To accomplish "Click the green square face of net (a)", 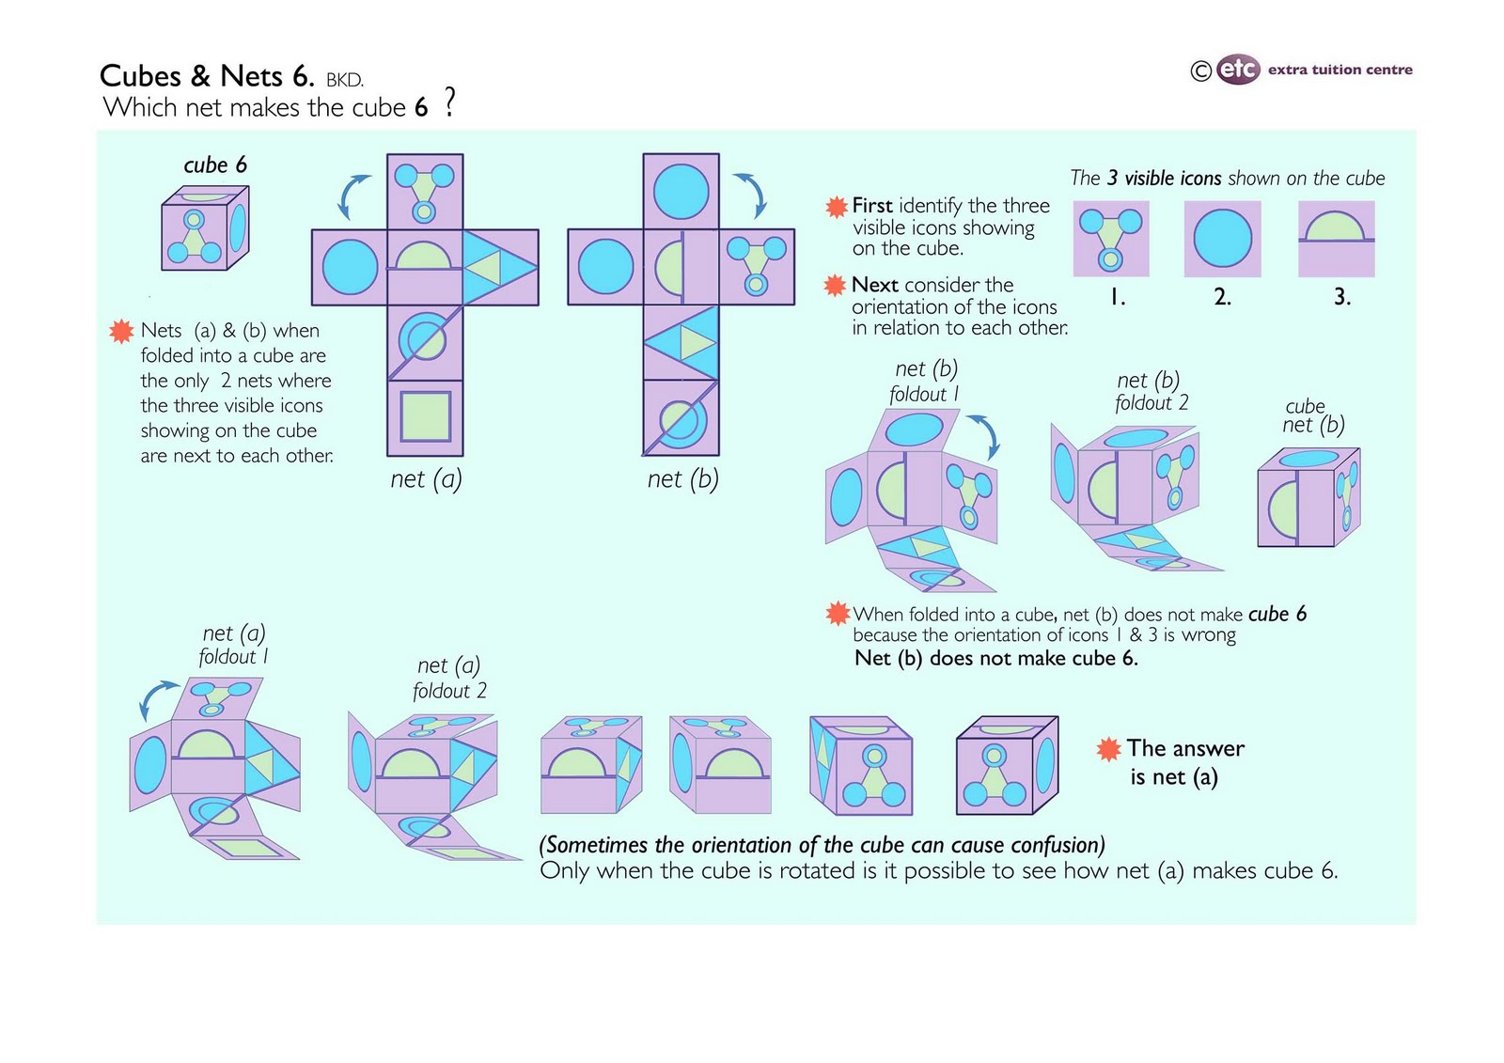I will (425, 417).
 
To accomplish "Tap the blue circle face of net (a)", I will (350, 267).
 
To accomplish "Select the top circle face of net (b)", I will (681, 191).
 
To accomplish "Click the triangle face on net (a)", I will (500, 268).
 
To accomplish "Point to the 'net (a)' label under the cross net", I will (426, 479).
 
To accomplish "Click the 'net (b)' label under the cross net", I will (682, 479).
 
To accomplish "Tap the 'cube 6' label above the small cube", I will (214, 165).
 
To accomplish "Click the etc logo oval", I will (1237, 70).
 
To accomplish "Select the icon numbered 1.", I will (1110, 239).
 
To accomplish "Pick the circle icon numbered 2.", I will (1222, 239).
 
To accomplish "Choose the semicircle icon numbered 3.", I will (1336, 239).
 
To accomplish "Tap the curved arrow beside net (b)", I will (753, 194).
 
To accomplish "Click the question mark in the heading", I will (449, 102).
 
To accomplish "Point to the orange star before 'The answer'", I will (1108, 749).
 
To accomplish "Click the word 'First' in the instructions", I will (871, 206).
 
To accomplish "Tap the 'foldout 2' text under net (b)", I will (1151, 403).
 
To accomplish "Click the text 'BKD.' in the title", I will (344, 80).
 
